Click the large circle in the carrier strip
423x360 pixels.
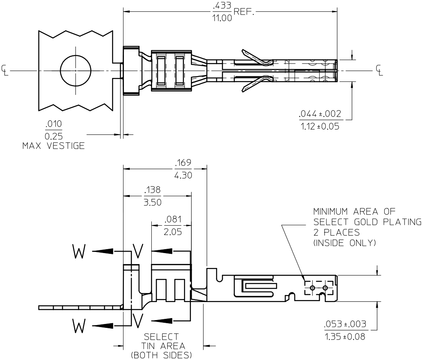(x=75, y=71)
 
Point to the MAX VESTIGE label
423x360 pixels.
(x=53, y=146)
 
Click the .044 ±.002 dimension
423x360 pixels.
(x=320, y=114)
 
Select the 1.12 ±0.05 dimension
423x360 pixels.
(x=320, y=126)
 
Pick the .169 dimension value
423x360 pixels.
(x=183, y=163)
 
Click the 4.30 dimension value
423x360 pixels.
(x=183, y=175)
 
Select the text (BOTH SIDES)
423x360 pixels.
(x=162, y=355)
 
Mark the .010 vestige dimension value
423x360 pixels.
(x=54, y=124)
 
